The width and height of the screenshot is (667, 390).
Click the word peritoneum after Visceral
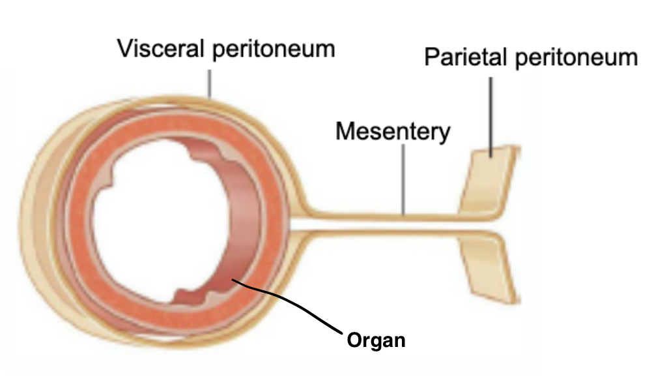point(274,50)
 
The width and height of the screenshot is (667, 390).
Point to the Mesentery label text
point(392,131)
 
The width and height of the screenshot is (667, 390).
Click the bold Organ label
point(376,340)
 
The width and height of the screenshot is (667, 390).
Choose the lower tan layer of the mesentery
point(391,235)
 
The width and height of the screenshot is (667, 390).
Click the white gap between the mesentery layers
point(391,224)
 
